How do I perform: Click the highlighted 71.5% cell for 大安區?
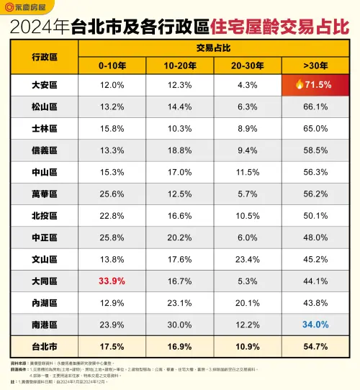[314, 85]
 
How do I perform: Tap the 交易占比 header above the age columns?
[212, 47]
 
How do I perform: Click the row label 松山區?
[44, 106]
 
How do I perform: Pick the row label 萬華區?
[44, 193]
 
